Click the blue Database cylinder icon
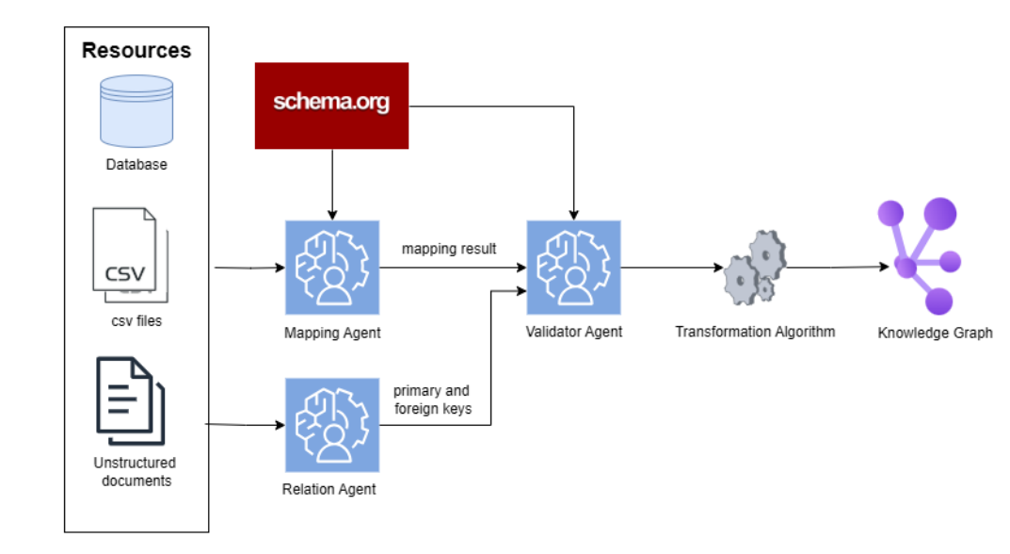tap(136, 111)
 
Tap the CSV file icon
tap(130, 254)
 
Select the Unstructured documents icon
tap(131, 400)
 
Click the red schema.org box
tap(331, 106)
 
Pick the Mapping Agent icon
tap(332, 268)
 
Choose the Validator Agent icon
tap(574, 268)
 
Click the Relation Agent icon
tap(332, 425)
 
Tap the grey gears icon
tap(755, 267)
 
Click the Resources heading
tap(136, 50)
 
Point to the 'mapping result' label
tap(449, 249)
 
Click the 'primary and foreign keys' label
tap(432, 399)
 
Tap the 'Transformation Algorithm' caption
tap(755, 332)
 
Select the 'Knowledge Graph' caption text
tap(935, 333)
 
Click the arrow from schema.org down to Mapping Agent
tap(332, 185)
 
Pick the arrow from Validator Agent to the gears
tap(672, 267)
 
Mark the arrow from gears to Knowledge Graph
tap(838, 267)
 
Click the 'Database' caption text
tap(136, 165)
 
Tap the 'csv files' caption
tap(136, 320)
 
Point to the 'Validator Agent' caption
tap(574, 332)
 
